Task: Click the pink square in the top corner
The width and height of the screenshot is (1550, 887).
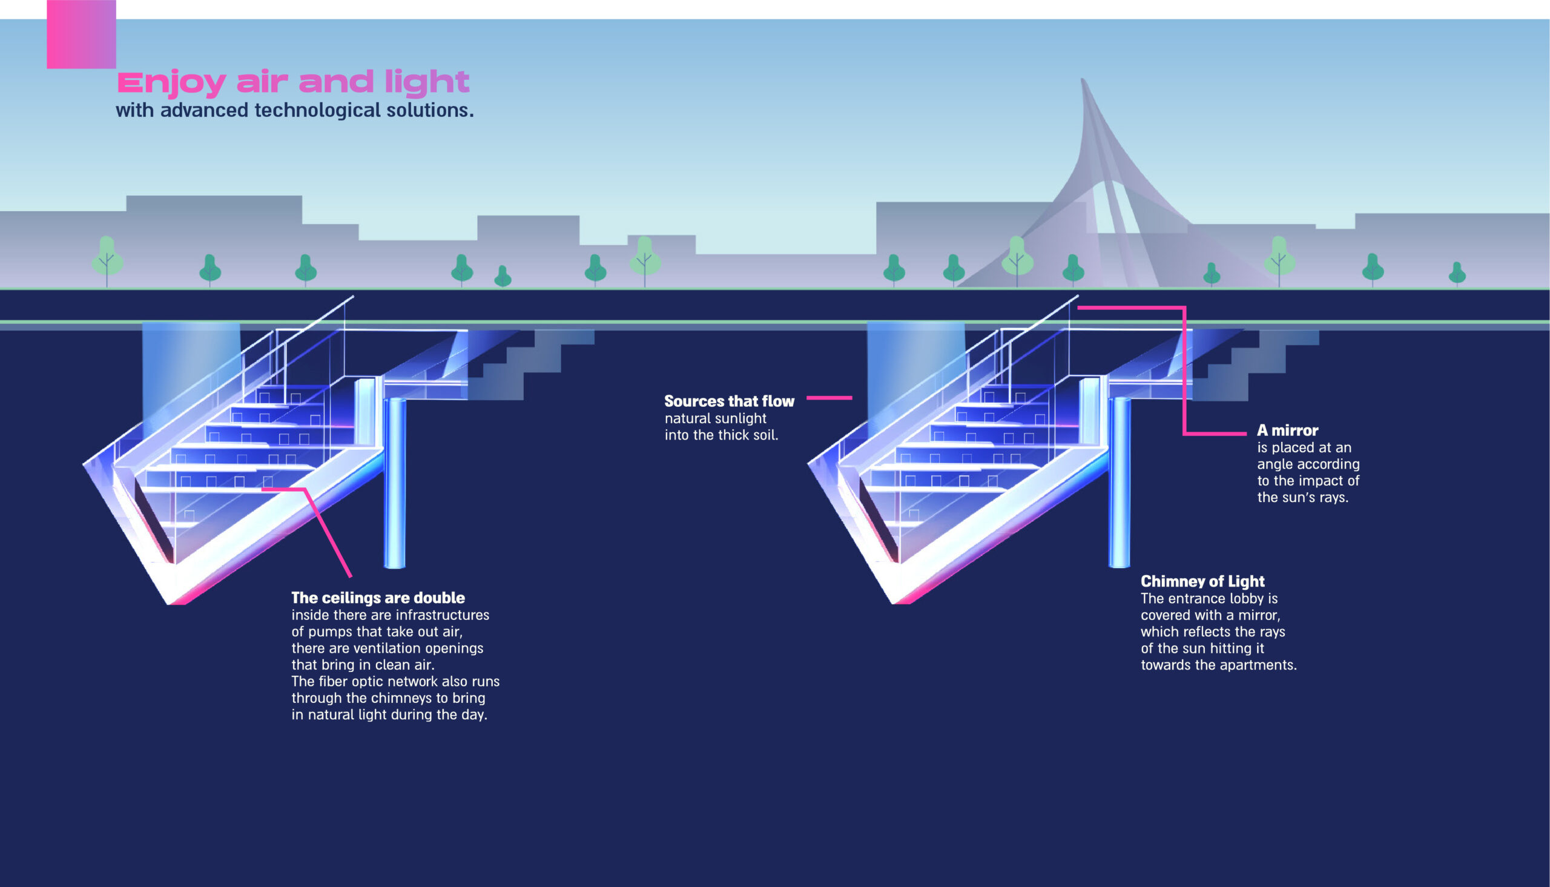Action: pyautogui.click(x=81, y=34)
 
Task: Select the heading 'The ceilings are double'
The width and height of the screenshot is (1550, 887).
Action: pyautogui.click(x=378, y=598)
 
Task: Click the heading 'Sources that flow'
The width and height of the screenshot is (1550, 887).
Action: pyautogui.click(x=729, y=401)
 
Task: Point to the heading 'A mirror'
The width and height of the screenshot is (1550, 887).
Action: pyautogui.click(x=1287, y=430)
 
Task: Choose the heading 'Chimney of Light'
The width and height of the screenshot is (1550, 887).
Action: pyautogui.click(x=1202, y=581)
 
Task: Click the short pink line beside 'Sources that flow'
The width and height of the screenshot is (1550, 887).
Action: pyautogui.click(x=829, y=398)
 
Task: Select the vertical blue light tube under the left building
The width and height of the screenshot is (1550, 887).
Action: pyautogui.click(x=395, y=481)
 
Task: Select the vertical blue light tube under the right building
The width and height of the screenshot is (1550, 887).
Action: pyautogui.click(x=1120, y=481)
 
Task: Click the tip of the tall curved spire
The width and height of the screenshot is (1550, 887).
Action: pyautogui.click(x=1082, y=81)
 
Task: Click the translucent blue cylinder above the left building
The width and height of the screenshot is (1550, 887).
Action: pyautogui.click(x=190, y=366)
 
